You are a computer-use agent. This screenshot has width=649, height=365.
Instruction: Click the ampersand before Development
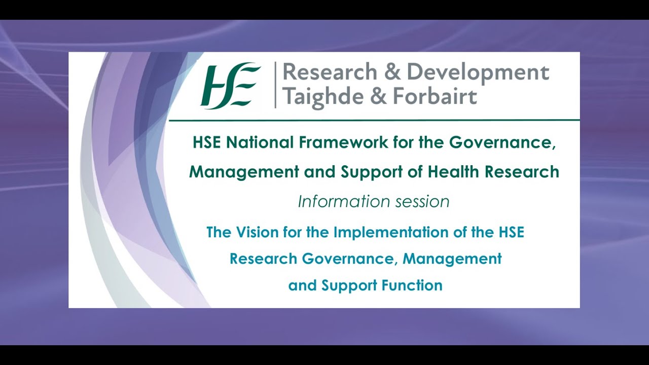click(392, 72)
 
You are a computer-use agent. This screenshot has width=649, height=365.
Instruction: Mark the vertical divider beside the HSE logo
click(275, 85)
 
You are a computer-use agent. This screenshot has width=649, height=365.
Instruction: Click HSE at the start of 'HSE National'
click(207, 142)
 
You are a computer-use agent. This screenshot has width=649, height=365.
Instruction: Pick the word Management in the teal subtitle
click(452, 259)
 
